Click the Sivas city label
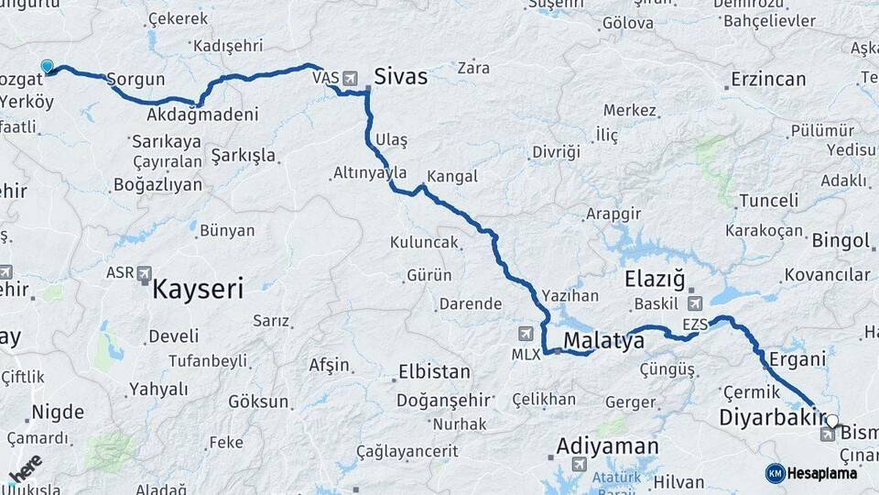click(400, 76)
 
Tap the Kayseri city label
click(198, 291)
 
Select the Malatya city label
click(603, 341)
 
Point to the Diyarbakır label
click(766, 418)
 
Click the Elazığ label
click(654, 279)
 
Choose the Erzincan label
click(768, 80)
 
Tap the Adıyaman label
click(607, 446)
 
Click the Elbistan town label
click(434, 373)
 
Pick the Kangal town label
click(451, 177)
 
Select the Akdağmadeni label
click(202, 115)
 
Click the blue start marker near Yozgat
click(47, 66)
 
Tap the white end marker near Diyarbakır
click(831, 421)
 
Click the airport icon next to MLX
click(525, 334)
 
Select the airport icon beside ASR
click(145, 273)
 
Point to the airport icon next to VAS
click(351, 78)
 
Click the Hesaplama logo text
click(821, 473)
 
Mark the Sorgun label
click(136, 80)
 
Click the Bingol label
click(840, 241)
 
